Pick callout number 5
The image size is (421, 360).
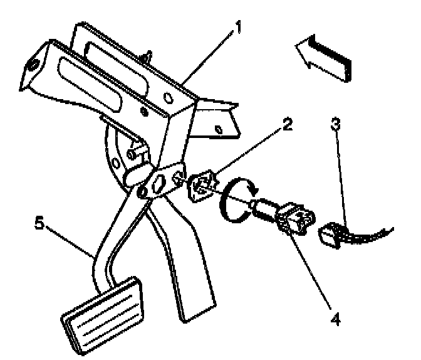[x=39, y=223]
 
